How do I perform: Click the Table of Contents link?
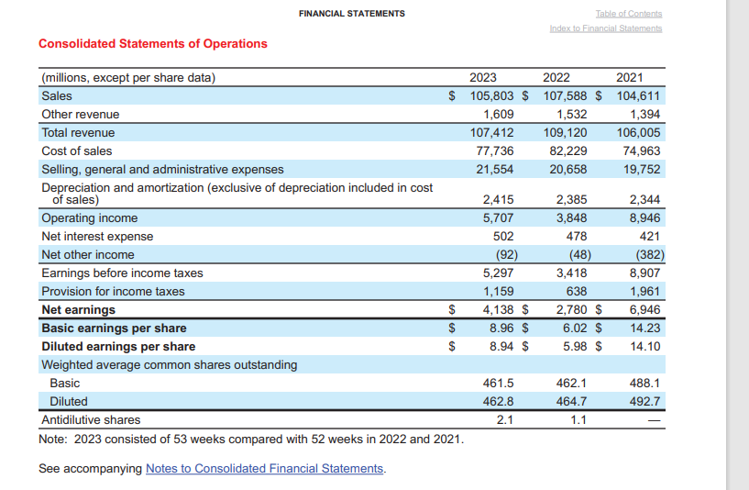628,13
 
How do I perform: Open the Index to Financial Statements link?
605,28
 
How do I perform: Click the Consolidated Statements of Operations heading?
153,43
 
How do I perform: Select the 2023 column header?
483,77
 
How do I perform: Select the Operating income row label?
90,217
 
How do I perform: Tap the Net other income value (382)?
645,254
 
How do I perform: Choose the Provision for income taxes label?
113,291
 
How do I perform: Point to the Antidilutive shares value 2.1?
504,419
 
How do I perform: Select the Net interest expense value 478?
576,236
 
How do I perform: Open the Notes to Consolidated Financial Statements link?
265,468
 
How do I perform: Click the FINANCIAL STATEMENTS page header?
351,13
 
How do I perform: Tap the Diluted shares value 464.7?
572,401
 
